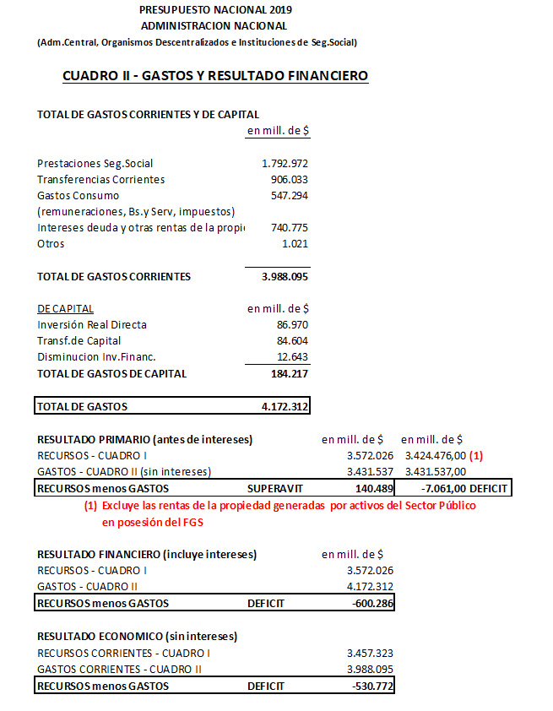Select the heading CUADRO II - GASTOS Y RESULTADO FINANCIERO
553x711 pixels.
pyautogui.click(x=215, y=76)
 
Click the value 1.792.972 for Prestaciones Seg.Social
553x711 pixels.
pyautogui.click(x=285, y=163)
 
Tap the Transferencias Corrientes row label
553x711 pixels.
pyautogui.click(x=101, y=179)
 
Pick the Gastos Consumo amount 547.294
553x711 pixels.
pyautogui.click(x=289, y=195)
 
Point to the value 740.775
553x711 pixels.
pyautogui.click(x=289, y=227)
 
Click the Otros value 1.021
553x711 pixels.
pyautogui.click(x=294, y=243)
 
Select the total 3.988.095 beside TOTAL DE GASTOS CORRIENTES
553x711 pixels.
pyautogui.click(x=285, y=276)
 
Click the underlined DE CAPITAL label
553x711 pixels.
pyautogui.click(x=66, y=308)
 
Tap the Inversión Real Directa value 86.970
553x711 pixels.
pyautogui.click(x=292, y=324)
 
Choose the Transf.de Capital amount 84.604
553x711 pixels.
pyautogui.click(x=292, y=340)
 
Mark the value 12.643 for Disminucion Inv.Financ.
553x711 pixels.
pyautogui.click(x=292, y=356)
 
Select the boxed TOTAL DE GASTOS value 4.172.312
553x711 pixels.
pyautogui.click(x=285, y=406)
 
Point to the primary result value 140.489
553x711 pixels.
pyautogui.click(x=374, y=488)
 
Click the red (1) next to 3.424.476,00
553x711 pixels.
pyautogui.click(x=476, y=455)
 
